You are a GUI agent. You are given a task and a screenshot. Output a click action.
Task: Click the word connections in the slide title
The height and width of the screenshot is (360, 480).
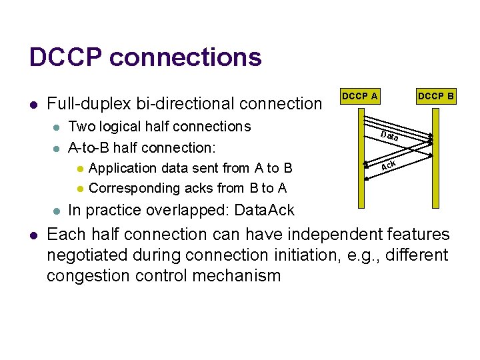tap(185, 57)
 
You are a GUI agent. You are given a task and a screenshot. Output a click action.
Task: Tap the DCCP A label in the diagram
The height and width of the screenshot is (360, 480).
tap(359, 96)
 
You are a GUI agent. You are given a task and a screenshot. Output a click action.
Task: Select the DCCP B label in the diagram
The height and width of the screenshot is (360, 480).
tap(436, 96)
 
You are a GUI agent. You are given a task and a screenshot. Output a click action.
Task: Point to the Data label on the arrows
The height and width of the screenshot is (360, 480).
tap(390, 137)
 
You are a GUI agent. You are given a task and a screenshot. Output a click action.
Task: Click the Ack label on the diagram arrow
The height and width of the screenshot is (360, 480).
tap(389, 165)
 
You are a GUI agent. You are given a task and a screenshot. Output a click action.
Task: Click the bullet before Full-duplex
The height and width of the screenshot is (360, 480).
tap(33, 105)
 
